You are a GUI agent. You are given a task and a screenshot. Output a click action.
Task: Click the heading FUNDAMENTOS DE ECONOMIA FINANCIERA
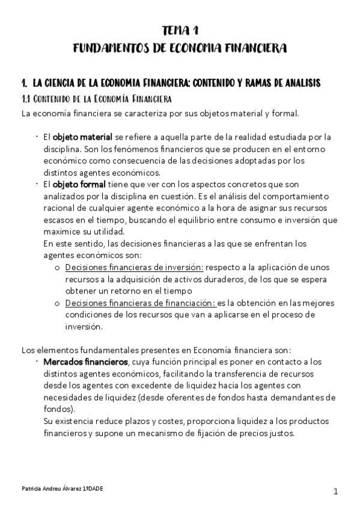click(180, 48)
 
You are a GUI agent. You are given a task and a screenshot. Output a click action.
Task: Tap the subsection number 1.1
click(26, 97)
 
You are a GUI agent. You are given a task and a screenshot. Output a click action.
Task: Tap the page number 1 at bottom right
click(336, 491)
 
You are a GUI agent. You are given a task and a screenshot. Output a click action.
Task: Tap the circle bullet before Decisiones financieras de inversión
click(57, 268)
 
